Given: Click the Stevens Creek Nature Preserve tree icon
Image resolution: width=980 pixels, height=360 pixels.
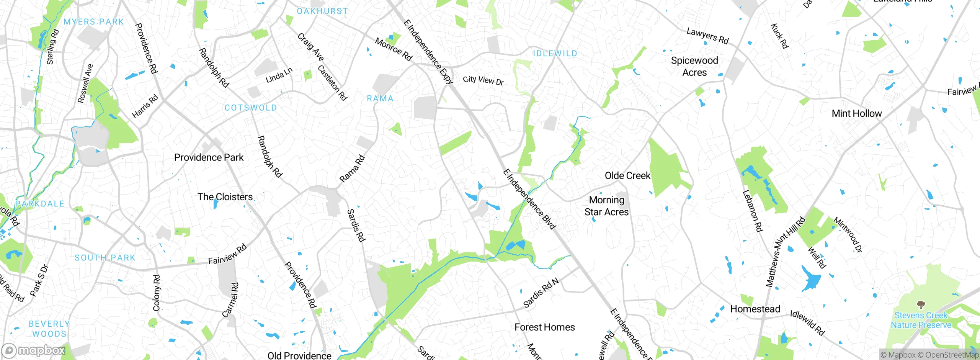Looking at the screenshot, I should (x=921, y=305).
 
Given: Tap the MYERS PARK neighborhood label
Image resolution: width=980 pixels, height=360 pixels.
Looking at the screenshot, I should (x=94, y=22).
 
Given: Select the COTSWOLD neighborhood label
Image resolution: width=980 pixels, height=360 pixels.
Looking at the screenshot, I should (x=250, y=108).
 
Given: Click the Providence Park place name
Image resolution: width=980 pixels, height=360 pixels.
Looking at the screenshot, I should (x=209, y=157).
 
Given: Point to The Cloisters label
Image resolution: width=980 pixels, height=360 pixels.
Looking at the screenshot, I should (x=225, y=197).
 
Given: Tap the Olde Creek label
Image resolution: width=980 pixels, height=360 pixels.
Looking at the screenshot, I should (x=627, y=176).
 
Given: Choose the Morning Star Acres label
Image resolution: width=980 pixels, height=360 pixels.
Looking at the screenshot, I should (x=606, y=206).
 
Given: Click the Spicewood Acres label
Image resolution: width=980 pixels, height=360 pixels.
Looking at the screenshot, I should (x=694, y=67).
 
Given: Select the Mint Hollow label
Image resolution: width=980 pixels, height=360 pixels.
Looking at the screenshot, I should (x=857, y=114).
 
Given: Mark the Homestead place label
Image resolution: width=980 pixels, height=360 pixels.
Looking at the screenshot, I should (x=755, y=309).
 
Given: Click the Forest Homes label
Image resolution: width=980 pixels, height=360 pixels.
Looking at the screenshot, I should (x=544, y=327).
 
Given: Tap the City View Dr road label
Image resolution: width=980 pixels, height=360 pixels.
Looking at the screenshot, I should (x=483, y=80).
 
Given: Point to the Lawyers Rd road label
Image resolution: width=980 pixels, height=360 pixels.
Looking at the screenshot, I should (x=707, y=36).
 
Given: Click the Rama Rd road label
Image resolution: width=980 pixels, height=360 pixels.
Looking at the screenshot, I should (x=352, y=169).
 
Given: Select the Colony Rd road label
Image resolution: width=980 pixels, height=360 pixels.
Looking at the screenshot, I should (x=157, y=293).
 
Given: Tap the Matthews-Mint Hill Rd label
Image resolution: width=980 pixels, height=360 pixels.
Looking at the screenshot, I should (x=785, y=252).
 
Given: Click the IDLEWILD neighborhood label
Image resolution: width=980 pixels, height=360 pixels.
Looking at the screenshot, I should (x=555, y=54).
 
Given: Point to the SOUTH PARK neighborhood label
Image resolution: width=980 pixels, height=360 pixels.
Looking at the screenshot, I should (x=105, y=258).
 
